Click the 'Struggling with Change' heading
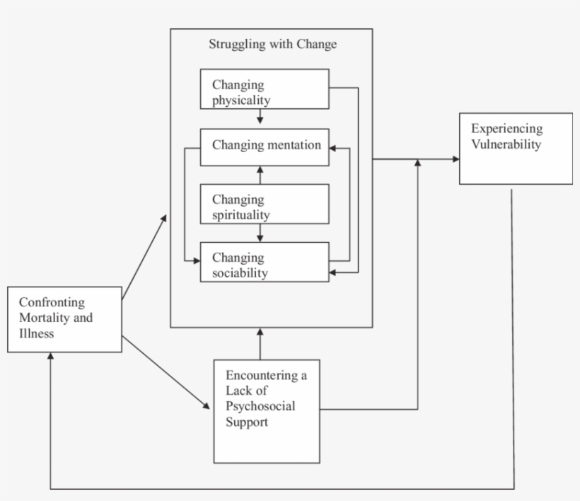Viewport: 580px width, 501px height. tap(272, 45)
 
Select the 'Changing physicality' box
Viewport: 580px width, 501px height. tap(265, 88)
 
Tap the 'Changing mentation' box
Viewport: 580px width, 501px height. tap(265, 146)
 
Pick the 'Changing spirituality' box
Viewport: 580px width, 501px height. tap(265, 204)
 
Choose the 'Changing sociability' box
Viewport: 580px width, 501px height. tap(265, 262)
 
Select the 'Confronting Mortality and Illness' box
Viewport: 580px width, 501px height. tap(64, 318)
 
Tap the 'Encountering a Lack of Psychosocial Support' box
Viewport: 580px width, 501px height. tap(266, 411)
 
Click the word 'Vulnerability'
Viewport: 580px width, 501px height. tap(506, 144)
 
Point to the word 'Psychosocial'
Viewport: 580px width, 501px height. tap(260, 406)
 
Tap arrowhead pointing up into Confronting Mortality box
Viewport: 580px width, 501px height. tap(50, 357)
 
